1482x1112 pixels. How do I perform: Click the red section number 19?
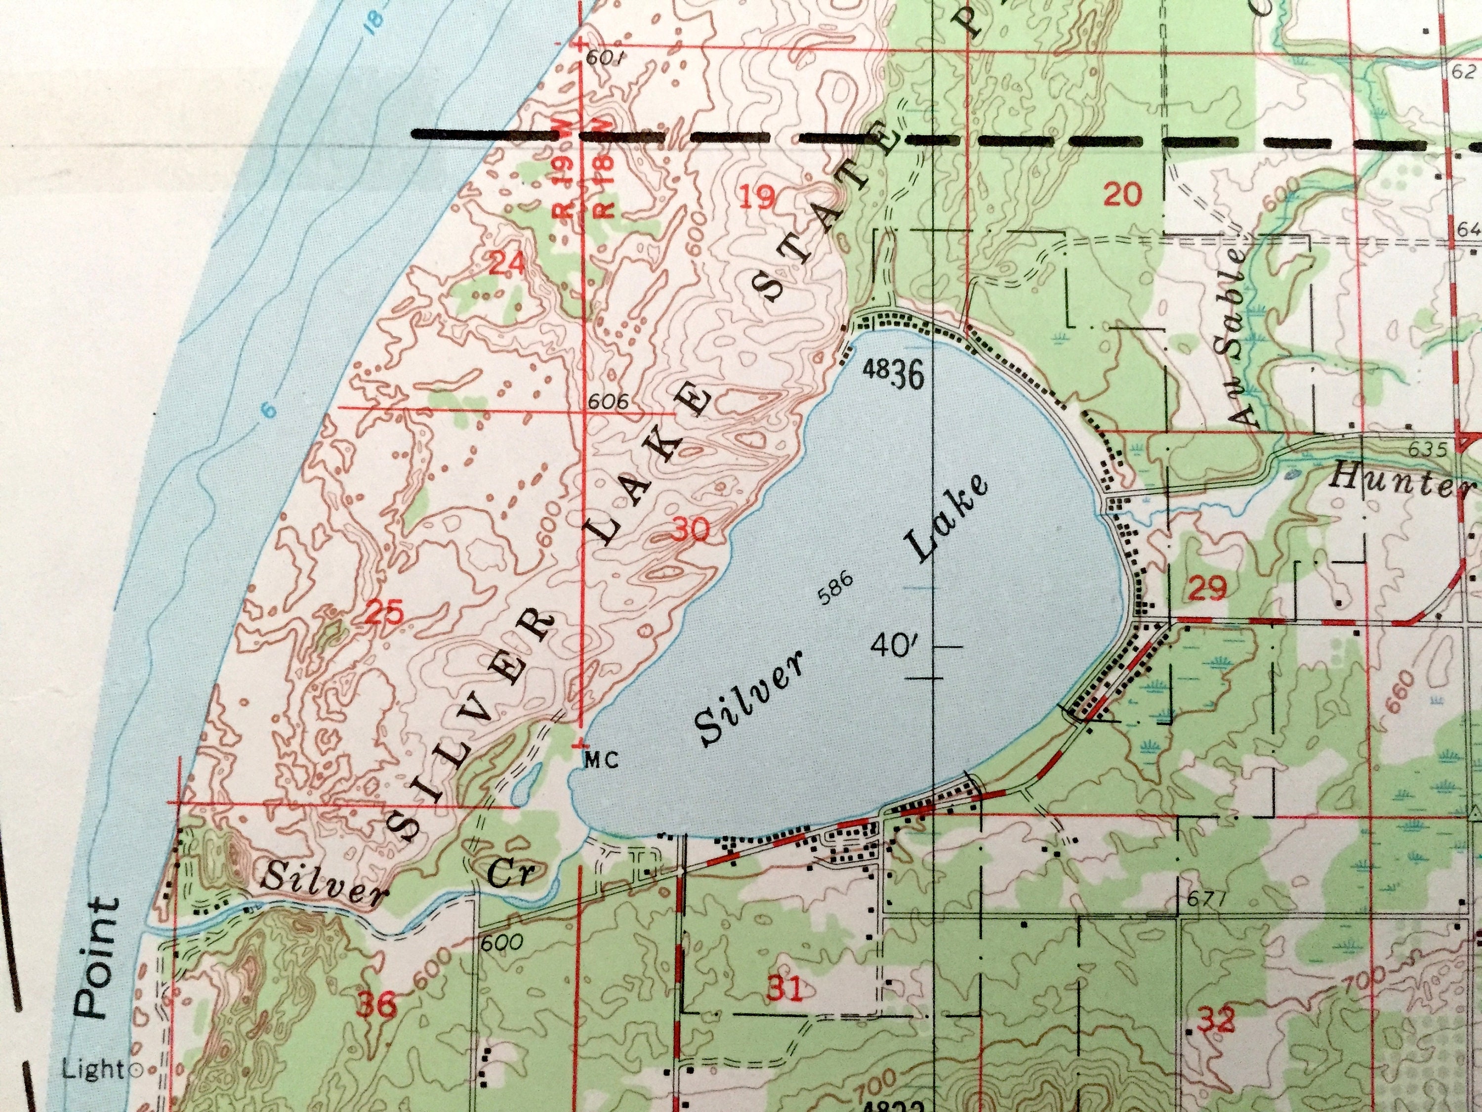click(x=758, y=197)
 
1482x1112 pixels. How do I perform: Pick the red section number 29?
click(x=1209, y=589)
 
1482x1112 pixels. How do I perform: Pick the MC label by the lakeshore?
click(x=600, y=760)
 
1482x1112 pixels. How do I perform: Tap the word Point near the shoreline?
click(x=96, y=960)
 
